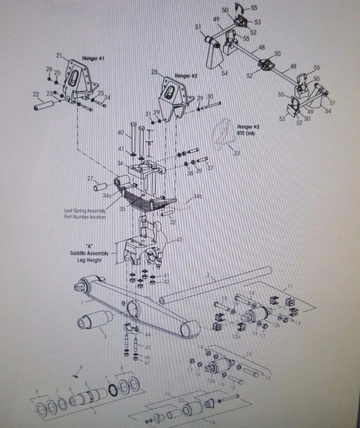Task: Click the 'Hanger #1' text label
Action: pos(92,59)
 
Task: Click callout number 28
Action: pos(154,73)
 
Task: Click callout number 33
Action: pos(237,153)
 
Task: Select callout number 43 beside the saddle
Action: pos(179,239)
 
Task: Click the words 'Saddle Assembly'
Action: pos(89,253)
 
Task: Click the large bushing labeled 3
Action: pos(95,321)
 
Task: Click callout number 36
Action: pos(120,163)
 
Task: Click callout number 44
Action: pos(147,335)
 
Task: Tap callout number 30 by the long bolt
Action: pos(210,96)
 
